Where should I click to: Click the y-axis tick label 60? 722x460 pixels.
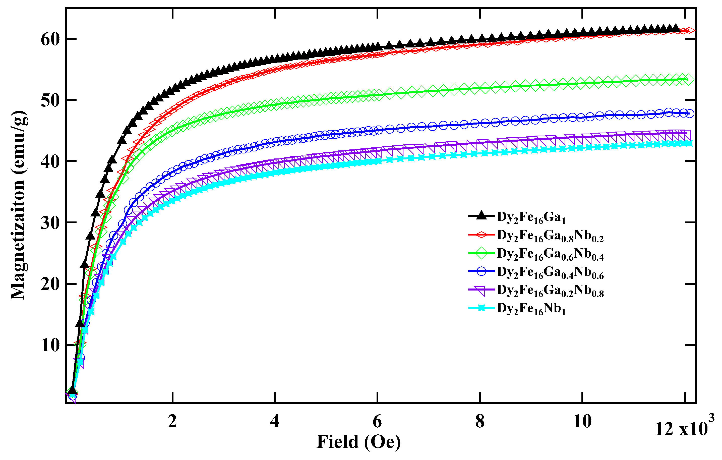pyautogui.click(x=50, y=39)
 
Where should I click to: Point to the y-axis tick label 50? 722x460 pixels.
pyautogui.click(x=50, y=100)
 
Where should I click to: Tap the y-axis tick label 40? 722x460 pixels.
pyautogui.click(x=50, y=162)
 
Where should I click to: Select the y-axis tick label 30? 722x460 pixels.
pyautogui.click(x=50, y=223)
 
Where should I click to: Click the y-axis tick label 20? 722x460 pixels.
pyautogui.click(x=50, y=284)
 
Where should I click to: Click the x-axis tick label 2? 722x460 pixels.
pyautogui.click(x=172, y=421)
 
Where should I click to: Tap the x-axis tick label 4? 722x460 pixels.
pyautogui.click(x=275, y=421)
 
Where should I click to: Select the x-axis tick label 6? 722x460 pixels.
pyautogui.click(x=377, y=421)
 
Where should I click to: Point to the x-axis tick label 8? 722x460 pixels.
pyautogui.click(x=480, y=421)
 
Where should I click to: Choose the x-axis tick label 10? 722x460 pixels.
pyautogui.click(x=582, y=421)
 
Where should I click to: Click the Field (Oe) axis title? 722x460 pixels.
pyautogui.click(x=358, y=442)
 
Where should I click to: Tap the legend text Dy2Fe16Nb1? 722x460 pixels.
pyautogui.click(x=531, y=309)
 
